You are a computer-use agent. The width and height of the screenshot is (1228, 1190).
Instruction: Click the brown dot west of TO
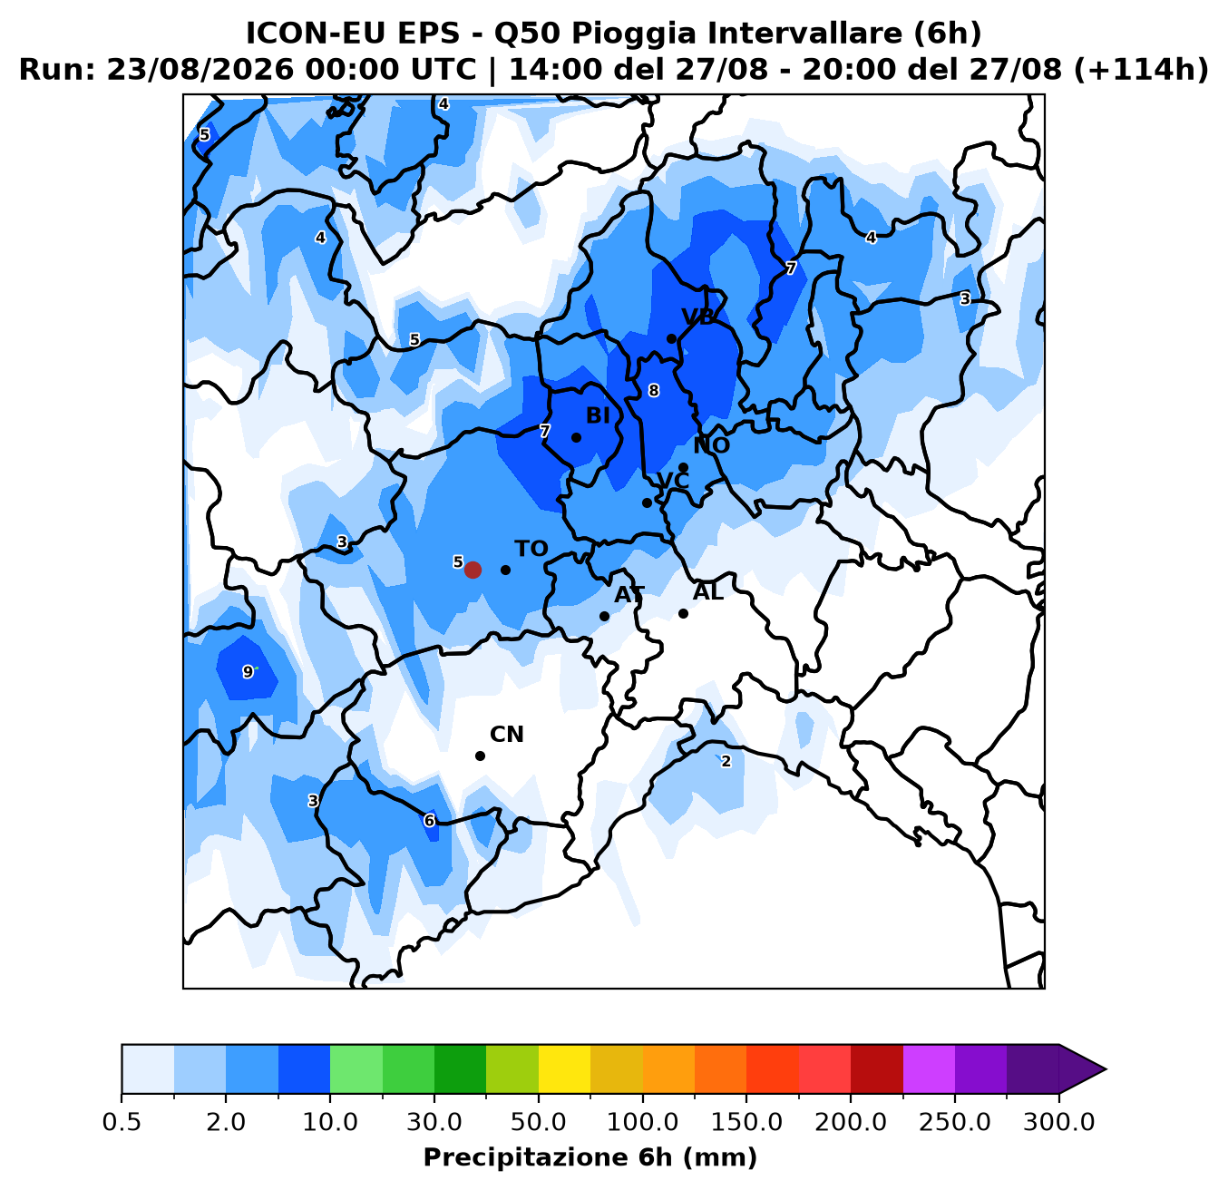point(473,570)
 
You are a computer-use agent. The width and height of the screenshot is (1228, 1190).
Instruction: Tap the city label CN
point(507,735)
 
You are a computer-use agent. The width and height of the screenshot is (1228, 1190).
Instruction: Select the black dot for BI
point(576,437)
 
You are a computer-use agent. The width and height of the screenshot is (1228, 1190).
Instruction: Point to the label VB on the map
point(698,317)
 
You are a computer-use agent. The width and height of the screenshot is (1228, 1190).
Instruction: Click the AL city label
point(708,592)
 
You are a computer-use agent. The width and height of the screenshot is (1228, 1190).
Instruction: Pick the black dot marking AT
point(604,616)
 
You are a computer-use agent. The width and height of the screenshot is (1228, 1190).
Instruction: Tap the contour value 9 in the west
point(248,672)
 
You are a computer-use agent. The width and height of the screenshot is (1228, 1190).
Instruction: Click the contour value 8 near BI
point(654,391)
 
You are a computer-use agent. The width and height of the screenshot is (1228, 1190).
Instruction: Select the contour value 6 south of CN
point(429,820)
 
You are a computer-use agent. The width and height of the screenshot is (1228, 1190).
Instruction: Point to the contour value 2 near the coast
point(726,761)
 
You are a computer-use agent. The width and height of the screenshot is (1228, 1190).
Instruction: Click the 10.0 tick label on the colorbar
point(330,1123)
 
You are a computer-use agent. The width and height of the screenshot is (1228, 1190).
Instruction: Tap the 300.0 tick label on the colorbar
point(1058,1123)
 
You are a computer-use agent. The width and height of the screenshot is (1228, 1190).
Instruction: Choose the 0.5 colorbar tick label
point(122,1123)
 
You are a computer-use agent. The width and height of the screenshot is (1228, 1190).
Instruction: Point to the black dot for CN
point(480,756)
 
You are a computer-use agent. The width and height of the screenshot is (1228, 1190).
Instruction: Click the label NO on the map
point(712,445)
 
